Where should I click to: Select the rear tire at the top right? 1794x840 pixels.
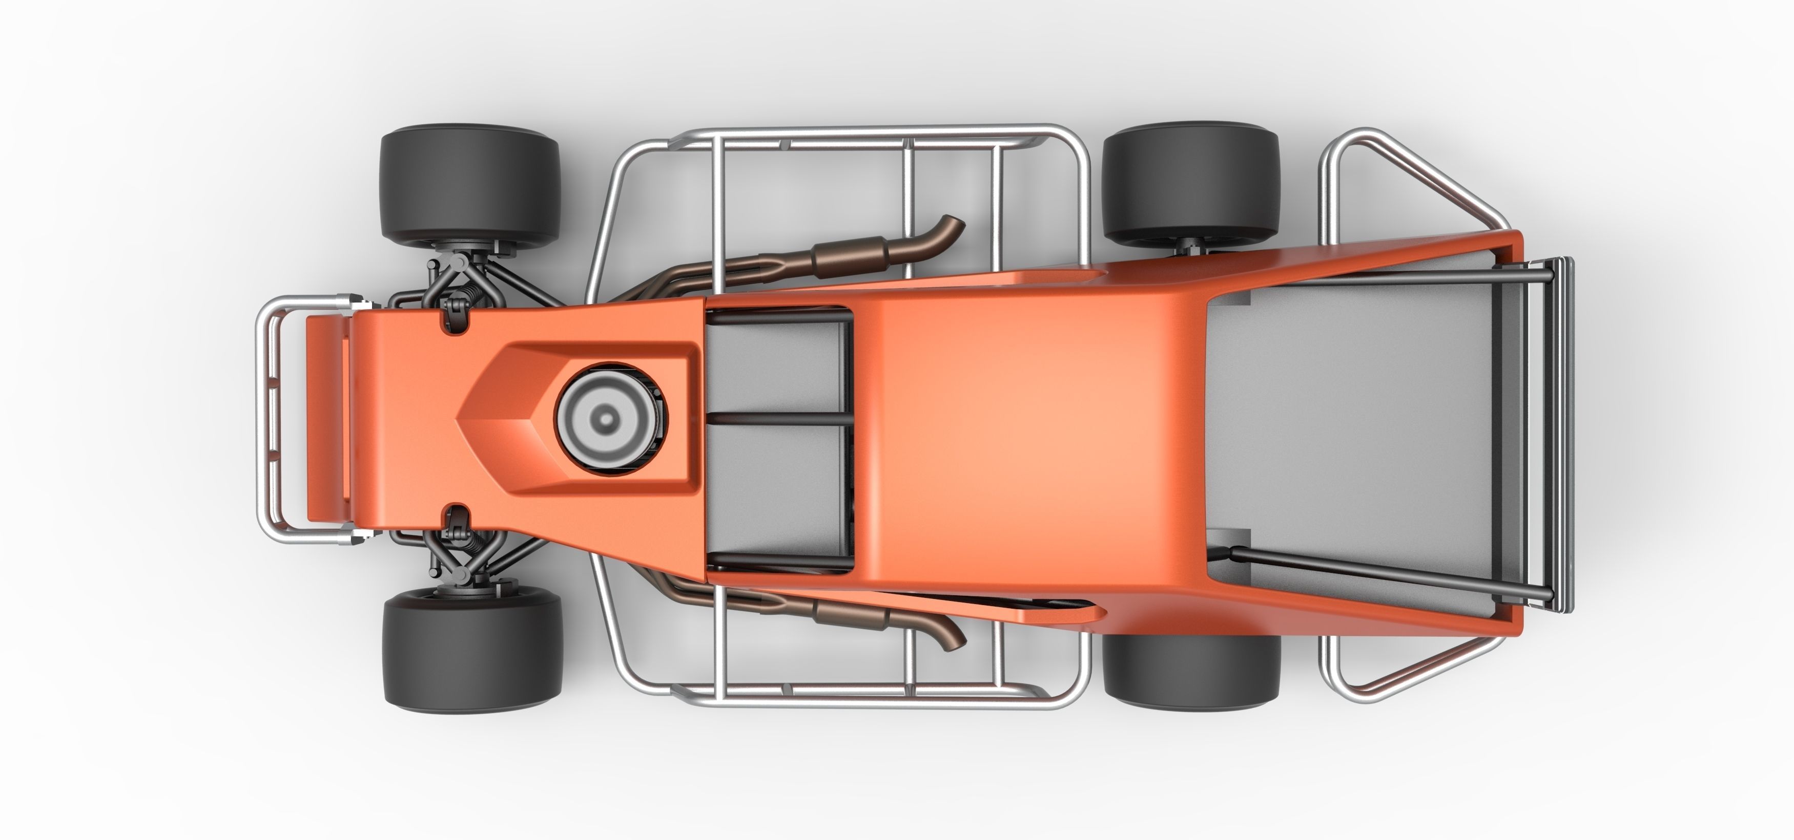point(1191,182)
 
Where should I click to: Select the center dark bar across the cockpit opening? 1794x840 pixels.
point(778,419)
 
